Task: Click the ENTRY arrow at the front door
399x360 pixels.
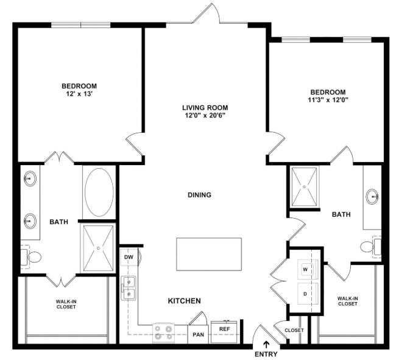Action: coord(267,345)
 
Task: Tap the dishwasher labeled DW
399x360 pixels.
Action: coord(129,257)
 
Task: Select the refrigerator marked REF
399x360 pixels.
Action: coord(224,332)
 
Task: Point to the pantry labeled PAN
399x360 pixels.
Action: coord(198,334)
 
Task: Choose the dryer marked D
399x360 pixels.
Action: coord(308,294)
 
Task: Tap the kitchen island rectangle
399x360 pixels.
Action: coord(209,254)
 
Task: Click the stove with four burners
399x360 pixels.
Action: coord(163,333)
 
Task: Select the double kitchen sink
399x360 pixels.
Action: coord(129,288)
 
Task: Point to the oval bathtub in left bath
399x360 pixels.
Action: coord(99,192)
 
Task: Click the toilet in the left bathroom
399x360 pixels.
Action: coord(31,257)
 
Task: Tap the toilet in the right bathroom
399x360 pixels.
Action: coord(371,247)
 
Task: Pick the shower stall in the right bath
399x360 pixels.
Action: coord(305,187)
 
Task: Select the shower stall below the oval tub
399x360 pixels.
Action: coord(98,249)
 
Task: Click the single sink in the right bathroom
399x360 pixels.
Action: coord(372,196)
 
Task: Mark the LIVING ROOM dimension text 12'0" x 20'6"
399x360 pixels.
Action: coord(205,116)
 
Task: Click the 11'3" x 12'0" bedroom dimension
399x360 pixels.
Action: coord(328,100)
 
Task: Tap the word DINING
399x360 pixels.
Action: coord(200,195)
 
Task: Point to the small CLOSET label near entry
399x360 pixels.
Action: coord(294,330)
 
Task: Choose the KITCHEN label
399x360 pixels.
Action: coord(185,301)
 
